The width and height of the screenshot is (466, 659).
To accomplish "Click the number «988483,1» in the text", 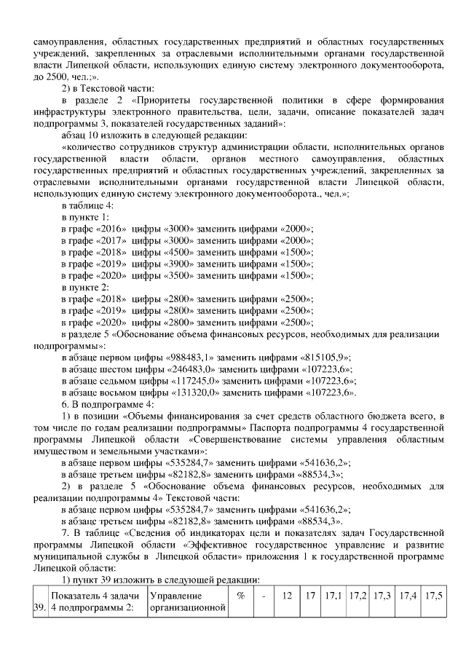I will coord(188,358).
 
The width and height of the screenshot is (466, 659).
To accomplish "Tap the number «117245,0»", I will coord(195,381).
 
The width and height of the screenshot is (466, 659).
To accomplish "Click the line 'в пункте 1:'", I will coord(85,218).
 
